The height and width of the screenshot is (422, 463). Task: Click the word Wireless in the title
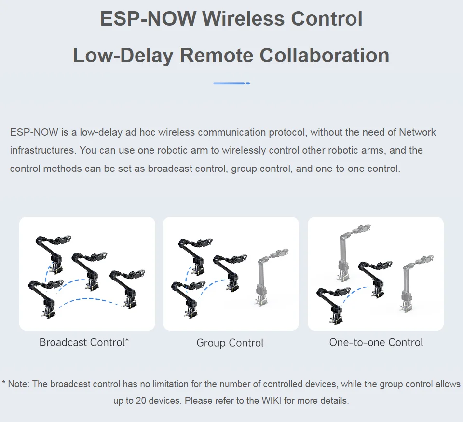coord(244,19)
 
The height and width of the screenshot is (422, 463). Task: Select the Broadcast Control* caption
coord(84,342)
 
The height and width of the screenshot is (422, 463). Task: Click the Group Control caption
coord(230,343)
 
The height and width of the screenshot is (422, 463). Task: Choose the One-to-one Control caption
coord(376,342)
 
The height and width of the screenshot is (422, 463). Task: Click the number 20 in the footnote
coord(133,400)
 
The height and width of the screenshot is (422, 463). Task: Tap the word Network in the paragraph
coord(417,132)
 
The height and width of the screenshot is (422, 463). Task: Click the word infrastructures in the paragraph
coord(42,150)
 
